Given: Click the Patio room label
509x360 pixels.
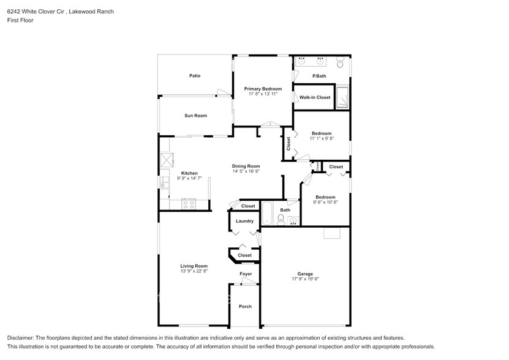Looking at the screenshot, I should tap(195, 76).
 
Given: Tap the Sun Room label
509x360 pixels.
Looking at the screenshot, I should tap(195, 116).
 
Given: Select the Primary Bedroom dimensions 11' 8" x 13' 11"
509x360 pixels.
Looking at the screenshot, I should tap(263, 94).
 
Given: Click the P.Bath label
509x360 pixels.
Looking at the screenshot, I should tap(319, 76).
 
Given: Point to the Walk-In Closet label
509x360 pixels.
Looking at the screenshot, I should tap(315, 97).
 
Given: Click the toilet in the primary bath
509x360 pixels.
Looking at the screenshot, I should tap(341, 62).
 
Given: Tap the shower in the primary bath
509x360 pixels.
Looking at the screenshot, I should tap(344, 98).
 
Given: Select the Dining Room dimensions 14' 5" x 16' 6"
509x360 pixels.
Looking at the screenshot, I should tap(246, 171).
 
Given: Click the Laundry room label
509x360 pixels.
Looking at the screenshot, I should tap(244, 221).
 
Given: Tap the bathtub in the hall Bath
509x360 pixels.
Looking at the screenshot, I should tap(267, 212).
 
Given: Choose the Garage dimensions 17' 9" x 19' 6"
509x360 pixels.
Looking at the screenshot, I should tap(305, 279).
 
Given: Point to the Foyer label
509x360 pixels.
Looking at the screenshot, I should tap(245, 274).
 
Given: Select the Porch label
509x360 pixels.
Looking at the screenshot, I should tap(245, 306).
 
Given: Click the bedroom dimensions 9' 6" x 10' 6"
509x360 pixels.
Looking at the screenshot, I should tap(325, 202).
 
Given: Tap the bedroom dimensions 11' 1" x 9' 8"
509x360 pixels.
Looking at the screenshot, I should tap(322, 139).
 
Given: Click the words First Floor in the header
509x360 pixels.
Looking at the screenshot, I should tap(20, 20).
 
